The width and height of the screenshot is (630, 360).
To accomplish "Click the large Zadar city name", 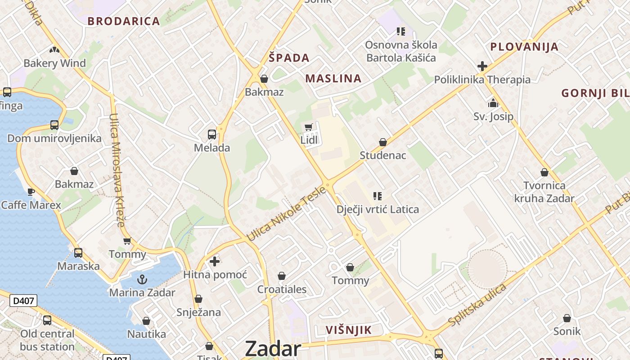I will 273,349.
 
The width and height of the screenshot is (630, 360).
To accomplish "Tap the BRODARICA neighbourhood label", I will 124,21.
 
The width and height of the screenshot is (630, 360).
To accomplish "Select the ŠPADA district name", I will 289,58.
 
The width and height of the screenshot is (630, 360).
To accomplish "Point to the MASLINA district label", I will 333,78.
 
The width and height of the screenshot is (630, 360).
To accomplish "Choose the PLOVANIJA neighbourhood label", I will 524,47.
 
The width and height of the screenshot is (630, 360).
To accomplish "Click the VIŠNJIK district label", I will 349,330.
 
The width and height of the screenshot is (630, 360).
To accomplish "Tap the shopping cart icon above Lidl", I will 308,127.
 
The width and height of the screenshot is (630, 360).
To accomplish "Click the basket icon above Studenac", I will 382,143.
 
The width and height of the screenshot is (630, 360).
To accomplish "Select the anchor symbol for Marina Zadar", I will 142,279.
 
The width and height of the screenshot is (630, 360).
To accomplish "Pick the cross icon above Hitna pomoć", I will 215,261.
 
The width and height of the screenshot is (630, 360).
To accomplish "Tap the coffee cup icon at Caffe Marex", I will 31,192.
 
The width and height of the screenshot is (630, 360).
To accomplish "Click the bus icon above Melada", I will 211,134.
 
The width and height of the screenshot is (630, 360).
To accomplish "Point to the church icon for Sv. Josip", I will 493,103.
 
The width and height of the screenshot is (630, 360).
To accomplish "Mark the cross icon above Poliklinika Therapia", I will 482,66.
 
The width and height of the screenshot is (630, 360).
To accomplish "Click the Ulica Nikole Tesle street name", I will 286,213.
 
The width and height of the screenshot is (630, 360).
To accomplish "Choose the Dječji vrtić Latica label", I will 378,209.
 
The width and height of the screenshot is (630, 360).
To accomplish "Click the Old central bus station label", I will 47,340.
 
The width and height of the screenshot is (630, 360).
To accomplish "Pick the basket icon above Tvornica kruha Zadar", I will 544,172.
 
